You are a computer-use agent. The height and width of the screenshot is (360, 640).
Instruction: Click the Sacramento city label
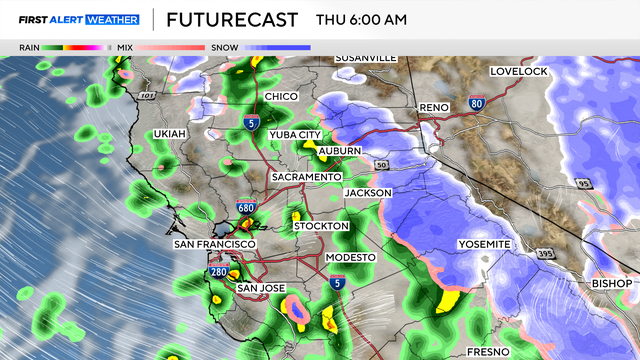click(x=307, y=177)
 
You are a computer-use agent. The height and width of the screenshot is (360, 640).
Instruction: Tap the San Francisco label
click(x=215, y=244)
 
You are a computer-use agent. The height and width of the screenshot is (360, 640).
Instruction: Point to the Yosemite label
click(x=484, y=245)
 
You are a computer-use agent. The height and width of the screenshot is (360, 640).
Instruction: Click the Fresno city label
click(x=489, y=352)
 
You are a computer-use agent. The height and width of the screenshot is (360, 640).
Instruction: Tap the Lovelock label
click(x=521, y=71)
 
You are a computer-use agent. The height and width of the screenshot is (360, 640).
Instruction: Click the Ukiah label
click(x=170, y=133)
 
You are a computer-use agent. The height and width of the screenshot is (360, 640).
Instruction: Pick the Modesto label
click(x=351, y=258)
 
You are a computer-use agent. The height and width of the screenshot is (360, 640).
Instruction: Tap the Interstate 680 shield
click(x=246, y=207)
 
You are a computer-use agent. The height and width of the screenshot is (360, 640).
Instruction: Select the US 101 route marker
click(x=148, y=95)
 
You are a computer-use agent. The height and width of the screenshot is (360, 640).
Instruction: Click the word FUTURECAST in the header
click(x=232, y=20)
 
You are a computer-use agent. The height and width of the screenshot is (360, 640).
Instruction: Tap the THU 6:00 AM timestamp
click(x=361, y=20)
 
